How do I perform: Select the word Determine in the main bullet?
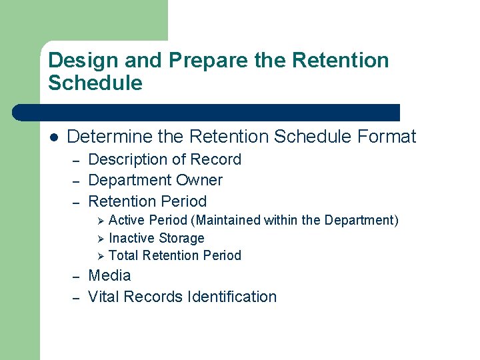pos(109,137)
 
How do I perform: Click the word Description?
pos(128,160)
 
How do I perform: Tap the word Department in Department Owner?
pos(129,181)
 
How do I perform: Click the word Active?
pos(127,221)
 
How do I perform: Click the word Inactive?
pos(132,238)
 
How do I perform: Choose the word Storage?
pos(182,238)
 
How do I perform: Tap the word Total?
pos(124,255)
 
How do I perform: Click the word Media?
pos(109,276)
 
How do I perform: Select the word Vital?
pos(105,297)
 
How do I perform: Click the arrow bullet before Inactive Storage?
pos(101,238)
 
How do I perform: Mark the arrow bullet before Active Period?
pos(101,221)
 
